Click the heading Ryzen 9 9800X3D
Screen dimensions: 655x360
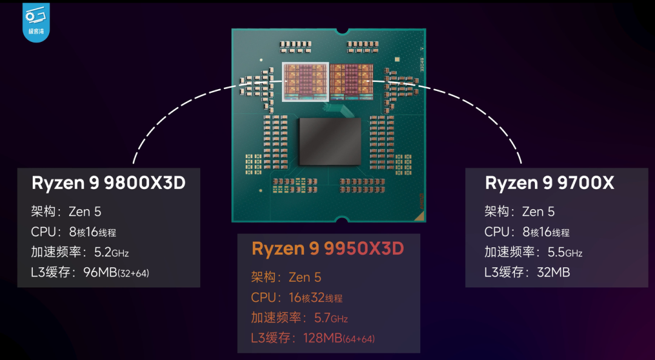coord(109,183)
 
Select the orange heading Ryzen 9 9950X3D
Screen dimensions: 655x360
coord(328,249)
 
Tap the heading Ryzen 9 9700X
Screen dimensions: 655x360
coord(549,183)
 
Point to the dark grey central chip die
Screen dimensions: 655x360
coord(329,141)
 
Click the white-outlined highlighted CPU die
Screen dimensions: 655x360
coord(305,82)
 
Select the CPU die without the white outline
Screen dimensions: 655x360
coord(351,82)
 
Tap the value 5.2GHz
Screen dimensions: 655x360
coord(112,252)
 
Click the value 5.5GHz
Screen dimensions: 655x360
coord(565,252)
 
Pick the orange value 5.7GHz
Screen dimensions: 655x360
coord(331,318)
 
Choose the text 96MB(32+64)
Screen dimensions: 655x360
coord(116,273)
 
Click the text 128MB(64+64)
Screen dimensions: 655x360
coord(339,338)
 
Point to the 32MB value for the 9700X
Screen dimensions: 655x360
coord(554,272)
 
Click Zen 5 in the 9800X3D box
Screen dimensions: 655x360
coord(85,212)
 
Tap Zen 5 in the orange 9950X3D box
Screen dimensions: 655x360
coord(305,278)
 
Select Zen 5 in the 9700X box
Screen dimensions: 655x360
coord(539,212)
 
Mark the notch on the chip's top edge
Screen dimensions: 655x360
coord(341,31)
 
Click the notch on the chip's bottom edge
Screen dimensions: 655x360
coord(341,219)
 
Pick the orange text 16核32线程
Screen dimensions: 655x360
coord(316,298)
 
